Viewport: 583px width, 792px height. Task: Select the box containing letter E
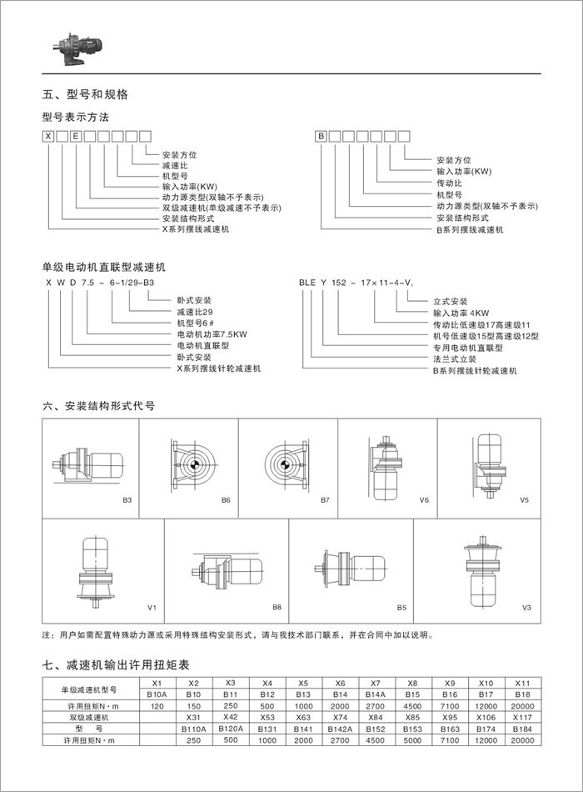pos(76,135)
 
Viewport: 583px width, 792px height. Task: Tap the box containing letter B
pos(321,135)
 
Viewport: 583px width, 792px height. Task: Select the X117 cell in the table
pos(522,717)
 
